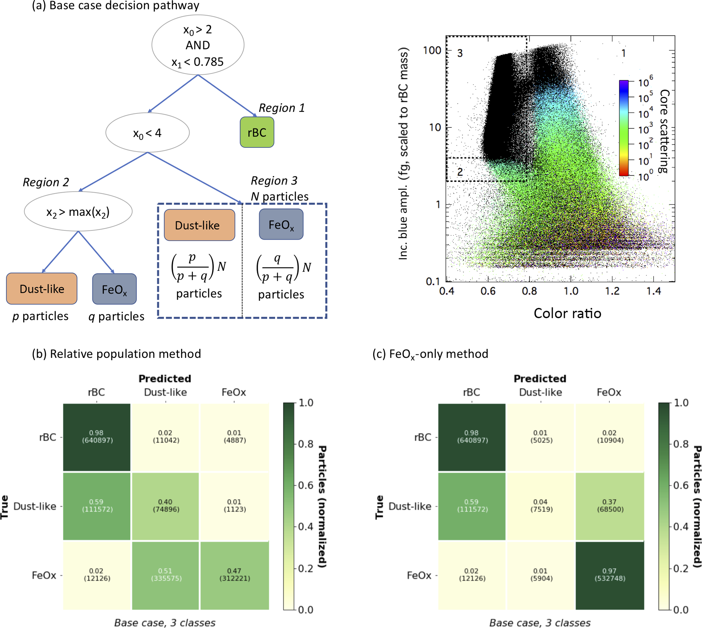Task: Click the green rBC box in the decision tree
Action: [257, 133]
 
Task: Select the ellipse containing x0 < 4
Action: [147, 133]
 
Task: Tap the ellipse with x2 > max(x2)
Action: [78, 211]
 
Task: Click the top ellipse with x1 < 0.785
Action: [198, 45]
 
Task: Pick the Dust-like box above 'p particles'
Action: [42, 289]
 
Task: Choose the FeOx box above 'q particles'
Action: [114, 289]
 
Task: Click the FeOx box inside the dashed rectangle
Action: [281, 225]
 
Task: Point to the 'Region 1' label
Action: [282, 108]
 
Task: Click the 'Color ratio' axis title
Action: [567, 313]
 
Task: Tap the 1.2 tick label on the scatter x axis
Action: [612, 291]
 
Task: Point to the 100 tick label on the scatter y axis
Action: [432, 51]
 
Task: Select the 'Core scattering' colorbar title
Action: [664, 131]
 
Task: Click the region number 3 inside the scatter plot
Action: [460, 53]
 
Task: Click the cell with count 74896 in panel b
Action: [165, 506]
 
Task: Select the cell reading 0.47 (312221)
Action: [234, 575]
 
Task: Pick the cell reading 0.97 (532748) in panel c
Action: [610, 575]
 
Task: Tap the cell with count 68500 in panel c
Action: [610, 506]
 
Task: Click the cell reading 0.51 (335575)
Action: [165, 575]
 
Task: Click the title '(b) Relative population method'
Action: [116, 354]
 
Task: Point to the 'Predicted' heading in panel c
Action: [540, 379]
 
